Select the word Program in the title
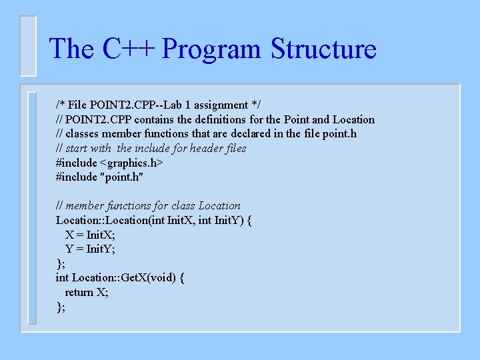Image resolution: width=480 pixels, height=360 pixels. [x=213, y=49]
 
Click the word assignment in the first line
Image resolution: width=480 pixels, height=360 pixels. [x=217, y=105]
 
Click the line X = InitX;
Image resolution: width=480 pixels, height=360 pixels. [x=90, y=235]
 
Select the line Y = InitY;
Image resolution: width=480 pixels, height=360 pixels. [x=90, y=249]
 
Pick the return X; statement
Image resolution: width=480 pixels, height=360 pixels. [x=87, y=292]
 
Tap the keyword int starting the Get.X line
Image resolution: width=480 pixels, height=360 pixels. [x=63, y=277]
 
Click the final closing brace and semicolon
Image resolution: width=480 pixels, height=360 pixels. [x=61, y=307]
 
